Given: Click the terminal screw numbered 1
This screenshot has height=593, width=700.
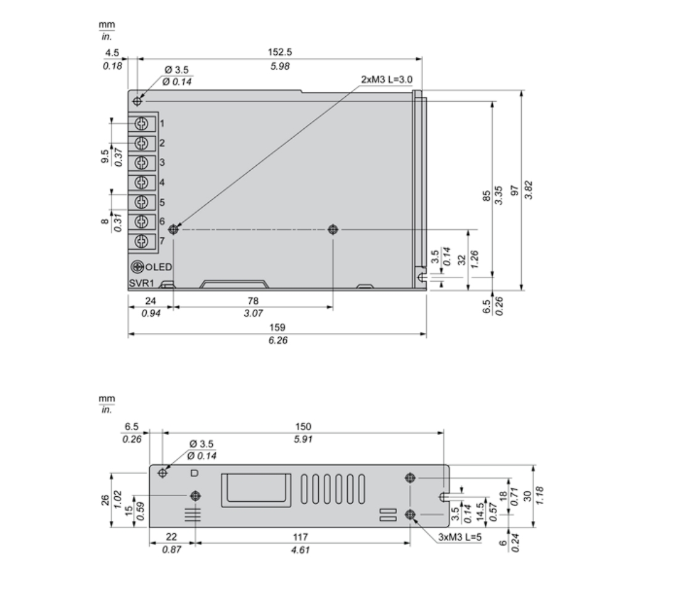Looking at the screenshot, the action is pos(141,124).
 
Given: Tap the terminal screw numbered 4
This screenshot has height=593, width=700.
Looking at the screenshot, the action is pos(141,182).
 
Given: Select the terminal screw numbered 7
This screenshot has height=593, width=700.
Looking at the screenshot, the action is pos(141,242).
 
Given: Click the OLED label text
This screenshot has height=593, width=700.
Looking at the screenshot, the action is pos(159,268).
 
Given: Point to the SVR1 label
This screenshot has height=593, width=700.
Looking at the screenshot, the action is pos(141,283).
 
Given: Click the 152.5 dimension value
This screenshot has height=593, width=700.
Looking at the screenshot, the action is pos(279,52).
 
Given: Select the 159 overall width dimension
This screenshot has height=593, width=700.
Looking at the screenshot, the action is pos(278,327).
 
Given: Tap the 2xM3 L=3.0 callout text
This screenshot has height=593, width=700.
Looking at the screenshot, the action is pos(387,80).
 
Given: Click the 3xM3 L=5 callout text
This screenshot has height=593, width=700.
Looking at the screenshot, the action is pos(460,538).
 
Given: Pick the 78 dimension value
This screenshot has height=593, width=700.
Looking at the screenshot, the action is pos(253,301).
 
